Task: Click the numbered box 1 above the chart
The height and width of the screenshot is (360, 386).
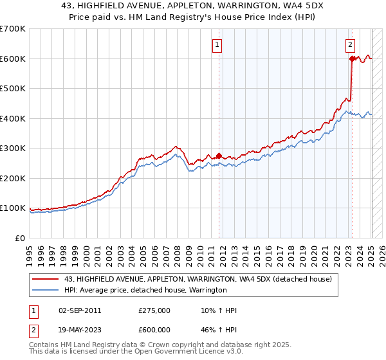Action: [x=217, y=45]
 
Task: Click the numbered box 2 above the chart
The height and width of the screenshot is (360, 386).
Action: [x=350, y=45]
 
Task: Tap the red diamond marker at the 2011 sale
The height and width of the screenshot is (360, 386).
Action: [x=219, y=156]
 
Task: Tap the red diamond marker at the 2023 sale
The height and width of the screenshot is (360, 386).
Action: [x=352, y=59]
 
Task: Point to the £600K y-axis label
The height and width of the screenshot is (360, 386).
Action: [x=13, y=59]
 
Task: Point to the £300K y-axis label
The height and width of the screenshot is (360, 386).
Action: [x=13, y=148]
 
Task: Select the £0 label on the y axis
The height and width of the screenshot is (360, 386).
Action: [x=19, y=238]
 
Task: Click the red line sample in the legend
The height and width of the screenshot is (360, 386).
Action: [x=46, y=279]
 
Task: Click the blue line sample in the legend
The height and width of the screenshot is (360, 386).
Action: [x=46, y=290]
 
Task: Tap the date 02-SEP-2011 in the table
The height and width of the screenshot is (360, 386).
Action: [x=80, y=310]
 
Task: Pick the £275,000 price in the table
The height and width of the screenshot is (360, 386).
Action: [x=154, y=310]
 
